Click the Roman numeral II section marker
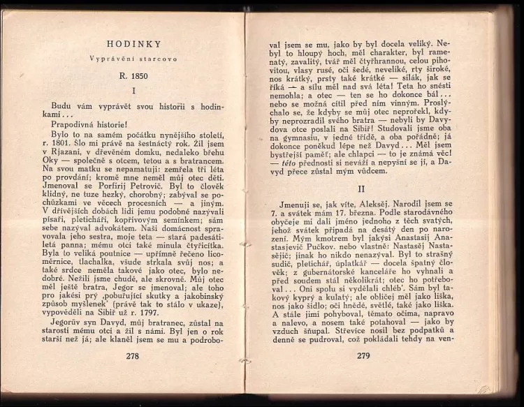point(362,188)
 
